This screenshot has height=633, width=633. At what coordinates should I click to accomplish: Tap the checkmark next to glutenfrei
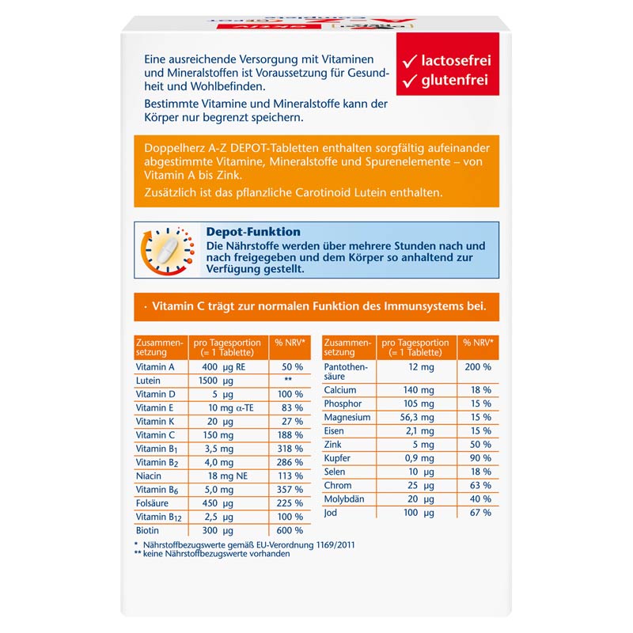click(409, 81)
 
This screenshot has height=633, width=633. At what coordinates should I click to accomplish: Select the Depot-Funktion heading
click(253, 232)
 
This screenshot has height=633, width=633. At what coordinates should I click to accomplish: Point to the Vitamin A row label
click(155, 367)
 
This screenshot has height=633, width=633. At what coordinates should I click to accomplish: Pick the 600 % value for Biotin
click(288, 530)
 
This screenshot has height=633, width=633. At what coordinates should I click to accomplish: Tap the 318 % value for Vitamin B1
click(288, 449)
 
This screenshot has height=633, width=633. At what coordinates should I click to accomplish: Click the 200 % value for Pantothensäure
click(476, 367)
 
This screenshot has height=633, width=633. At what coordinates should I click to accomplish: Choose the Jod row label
click(331, 513)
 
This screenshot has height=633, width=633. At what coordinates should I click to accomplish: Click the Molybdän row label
click(344, 499)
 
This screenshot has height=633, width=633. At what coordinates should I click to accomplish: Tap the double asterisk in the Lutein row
click(288, 381)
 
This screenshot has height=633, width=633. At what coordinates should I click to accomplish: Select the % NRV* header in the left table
click(290, 343)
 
